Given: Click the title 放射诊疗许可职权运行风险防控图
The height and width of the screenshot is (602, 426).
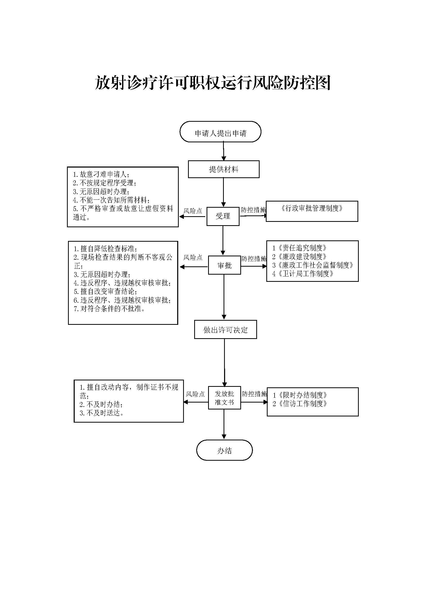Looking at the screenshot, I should (x=212, y=83).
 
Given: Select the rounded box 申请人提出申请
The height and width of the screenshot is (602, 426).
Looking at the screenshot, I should (x=220, y=133).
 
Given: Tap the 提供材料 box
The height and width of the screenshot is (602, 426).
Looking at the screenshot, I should (x=224, y=169).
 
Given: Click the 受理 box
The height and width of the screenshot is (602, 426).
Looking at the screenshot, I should (x=223, y=216).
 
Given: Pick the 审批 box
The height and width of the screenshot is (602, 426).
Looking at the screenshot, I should (x=224, y=265).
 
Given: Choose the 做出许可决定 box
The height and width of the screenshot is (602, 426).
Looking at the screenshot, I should (x=225, y=330).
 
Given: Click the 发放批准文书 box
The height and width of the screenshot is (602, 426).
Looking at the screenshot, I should (x=224, y=398).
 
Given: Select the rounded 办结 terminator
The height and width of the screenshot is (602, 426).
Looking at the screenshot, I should (x=224, y=451).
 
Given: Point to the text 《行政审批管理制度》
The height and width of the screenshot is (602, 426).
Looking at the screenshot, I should (x=312, y=208).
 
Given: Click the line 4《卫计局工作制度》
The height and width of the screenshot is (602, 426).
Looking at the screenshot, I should (x=303, y=274).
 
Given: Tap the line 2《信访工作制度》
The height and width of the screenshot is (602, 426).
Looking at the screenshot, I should (x=300, y=404).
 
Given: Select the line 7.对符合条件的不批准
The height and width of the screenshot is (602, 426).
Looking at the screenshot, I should (x=109, y=309).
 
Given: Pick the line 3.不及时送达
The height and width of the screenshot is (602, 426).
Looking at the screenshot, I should (x=102, y=413).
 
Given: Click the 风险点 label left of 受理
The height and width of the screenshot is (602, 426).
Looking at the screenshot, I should (x=193, y=211).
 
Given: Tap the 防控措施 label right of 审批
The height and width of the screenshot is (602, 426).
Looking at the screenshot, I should (x=254, y=259).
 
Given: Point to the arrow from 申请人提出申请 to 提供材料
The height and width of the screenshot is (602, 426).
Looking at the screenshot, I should (x=224, y=151).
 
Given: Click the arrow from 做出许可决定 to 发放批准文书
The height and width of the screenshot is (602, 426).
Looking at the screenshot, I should (x=225, y=362).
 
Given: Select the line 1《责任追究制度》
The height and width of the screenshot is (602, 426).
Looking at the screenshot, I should (x=299, y=248).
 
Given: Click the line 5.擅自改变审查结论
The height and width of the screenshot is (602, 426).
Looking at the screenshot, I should (x=105, y=292).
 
